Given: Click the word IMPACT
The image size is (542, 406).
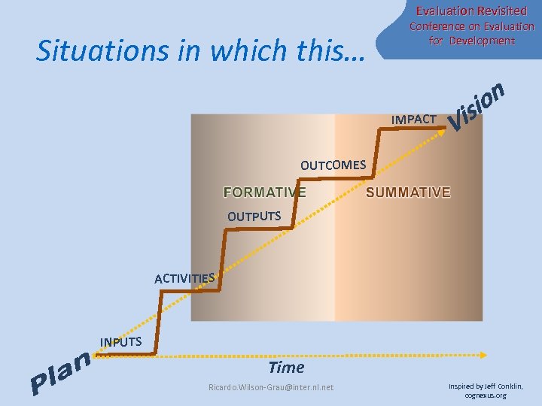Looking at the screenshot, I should (413, 120).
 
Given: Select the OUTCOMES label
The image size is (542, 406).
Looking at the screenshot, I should (333, 165).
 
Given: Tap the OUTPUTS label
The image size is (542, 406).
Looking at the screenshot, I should (254, 217).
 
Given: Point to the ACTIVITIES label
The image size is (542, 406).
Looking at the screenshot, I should (184, 278).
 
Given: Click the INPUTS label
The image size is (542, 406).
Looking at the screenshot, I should (120, 342).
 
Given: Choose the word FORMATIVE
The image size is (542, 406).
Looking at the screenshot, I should (265, 192).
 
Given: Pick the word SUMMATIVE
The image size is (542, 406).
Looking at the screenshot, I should (408, 192).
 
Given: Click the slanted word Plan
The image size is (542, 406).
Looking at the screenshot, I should (61, 374).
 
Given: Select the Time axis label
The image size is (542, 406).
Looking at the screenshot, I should (286, 368).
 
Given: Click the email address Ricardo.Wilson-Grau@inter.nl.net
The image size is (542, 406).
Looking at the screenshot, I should (270, 387).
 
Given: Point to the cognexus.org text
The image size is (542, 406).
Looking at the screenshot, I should (486, 395).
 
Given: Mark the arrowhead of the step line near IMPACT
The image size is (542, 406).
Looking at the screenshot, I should (441, 129).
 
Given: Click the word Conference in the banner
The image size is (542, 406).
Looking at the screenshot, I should (437, 26).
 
